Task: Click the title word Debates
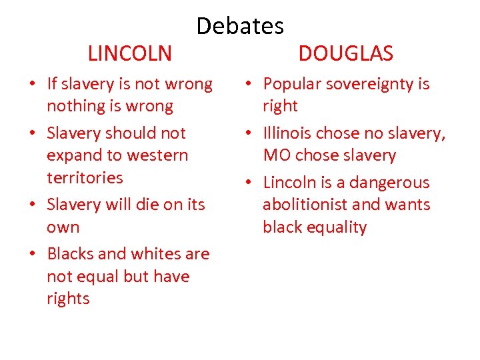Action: [240, 26]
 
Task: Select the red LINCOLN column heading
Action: [130, 53]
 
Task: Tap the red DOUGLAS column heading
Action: [345, 53]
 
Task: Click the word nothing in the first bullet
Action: [73, 106]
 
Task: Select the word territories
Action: [85, 177]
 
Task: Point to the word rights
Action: [68, 298]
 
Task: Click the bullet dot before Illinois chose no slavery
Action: [249, 134]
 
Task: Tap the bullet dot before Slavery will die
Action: [32, 205]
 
